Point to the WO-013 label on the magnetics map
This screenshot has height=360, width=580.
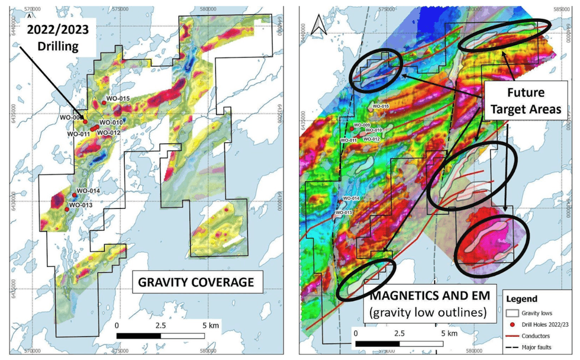344,212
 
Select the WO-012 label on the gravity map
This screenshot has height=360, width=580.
110,133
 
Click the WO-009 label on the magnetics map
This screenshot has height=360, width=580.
362,126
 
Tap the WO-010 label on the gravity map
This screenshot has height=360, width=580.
110,123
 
